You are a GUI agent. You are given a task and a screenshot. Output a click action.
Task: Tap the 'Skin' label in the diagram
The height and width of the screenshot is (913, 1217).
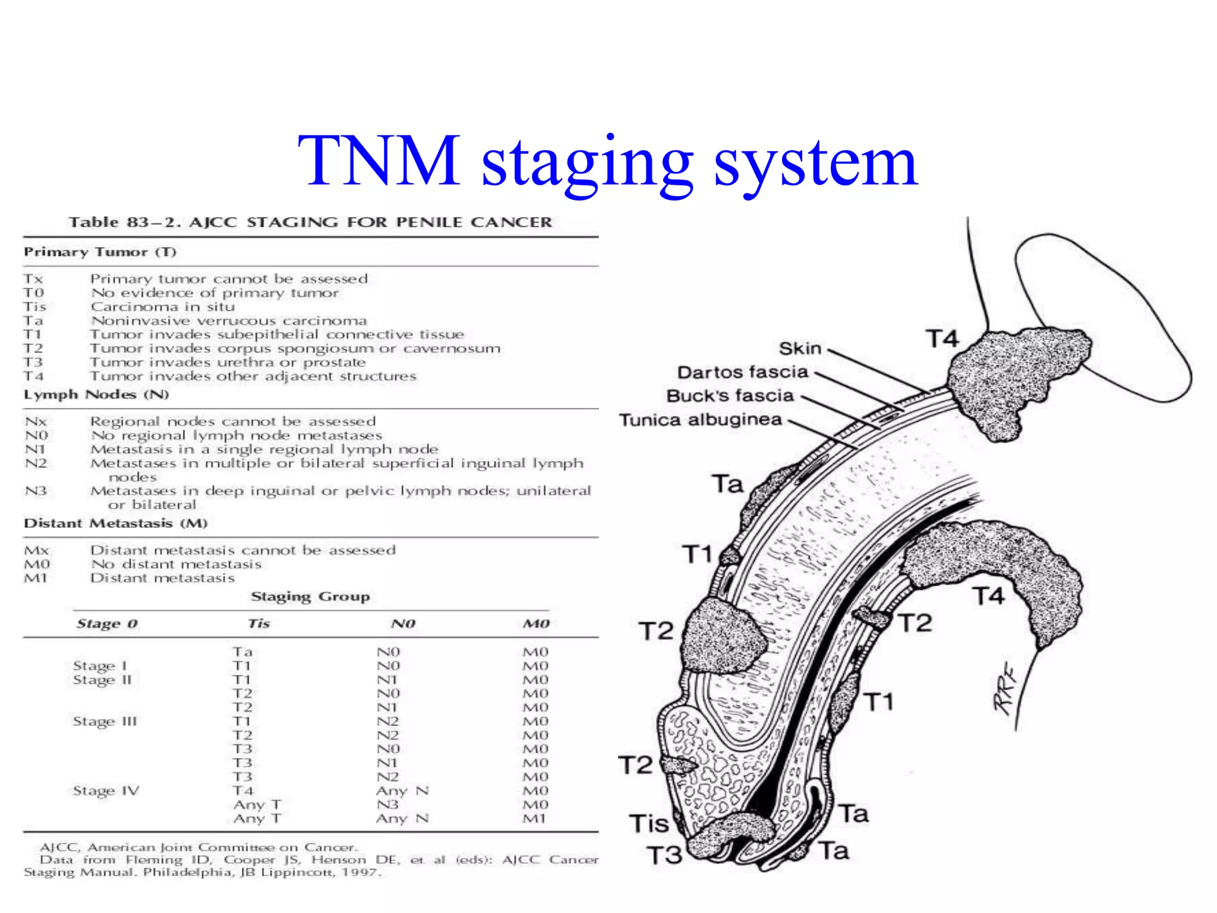[x=800, y=348]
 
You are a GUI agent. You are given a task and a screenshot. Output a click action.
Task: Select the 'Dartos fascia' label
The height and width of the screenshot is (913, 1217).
[x=742, y=373]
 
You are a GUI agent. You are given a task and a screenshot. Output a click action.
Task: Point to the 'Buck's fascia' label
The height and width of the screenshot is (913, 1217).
[x=730, y=396]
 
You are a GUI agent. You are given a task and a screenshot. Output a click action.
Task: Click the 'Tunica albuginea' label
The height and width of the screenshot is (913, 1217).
[x=701, y=420]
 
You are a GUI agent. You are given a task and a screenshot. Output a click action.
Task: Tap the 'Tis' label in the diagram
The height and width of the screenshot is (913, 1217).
[x=649, y=824]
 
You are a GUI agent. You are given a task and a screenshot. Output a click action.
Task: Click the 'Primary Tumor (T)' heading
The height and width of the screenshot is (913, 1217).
[x=100, y=252]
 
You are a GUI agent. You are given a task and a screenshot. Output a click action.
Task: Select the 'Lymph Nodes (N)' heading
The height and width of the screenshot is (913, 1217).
[x=96, y=395]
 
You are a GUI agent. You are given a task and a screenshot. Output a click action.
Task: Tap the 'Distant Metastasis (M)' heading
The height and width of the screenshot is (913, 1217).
[x=115, y=524]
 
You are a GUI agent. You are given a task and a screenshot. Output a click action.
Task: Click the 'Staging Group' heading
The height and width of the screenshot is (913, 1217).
[x=310, y=596]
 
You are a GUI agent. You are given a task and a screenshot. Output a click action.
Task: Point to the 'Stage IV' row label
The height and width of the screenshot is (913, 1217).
[x=106, y=791]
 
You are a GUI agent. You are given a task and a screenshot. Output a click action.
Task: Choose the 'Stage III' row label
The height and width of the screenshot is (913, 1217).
[x=105, y=722]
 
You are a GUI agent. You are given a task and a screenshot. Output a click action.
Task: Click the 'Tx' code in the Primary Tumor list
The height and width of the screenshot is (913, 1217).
[x=33, y=279]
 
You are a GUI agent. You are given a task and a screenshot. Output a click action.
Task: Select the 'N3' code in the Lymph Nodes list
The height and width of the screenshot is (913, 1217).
[x=36, y=491]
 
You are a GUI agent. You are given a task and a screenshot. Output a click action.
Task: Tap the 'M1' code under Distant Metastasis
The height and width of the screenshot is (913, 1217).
[x=36, y=578]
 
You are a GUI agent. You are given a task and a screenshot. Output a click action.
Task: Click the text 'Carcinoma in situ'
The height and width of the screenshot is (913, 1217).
[x=163, y=307]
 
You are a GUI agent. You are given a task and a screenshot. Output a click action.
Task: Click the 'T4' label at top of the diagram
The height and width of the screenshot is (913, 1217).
[x=942, y=339]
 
